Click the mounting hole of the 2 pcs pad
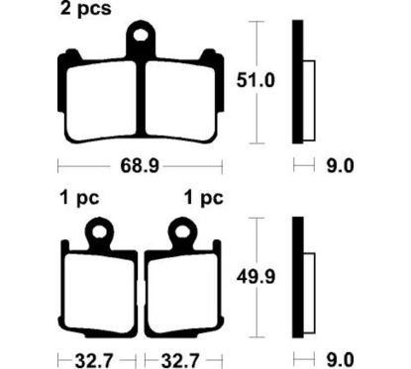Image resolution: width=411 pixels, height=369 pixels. [143, 40]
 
